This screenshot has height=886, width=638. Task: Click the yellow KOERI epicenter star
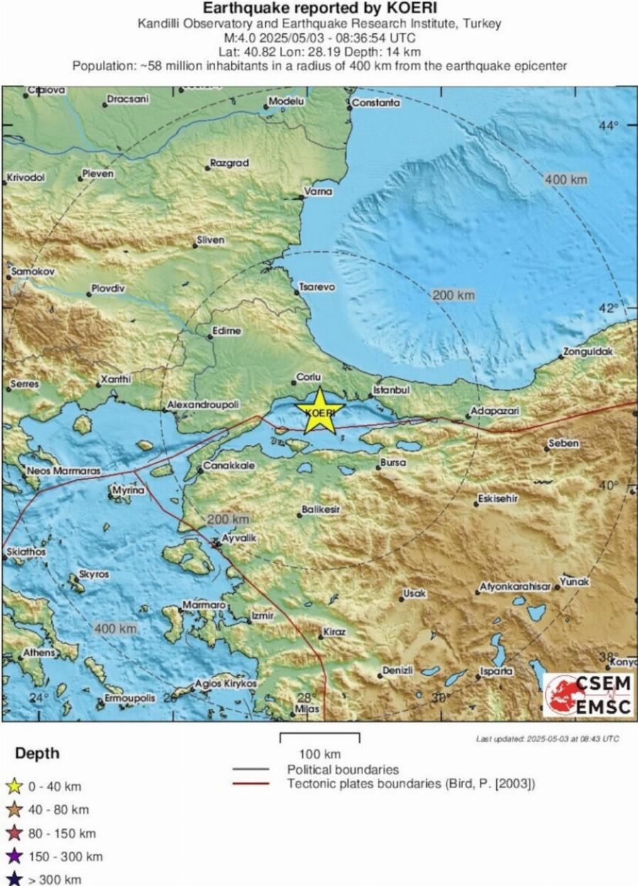click(x=319, y=412)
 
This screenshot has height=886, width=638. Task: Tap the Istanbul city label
click(x=392, y=391)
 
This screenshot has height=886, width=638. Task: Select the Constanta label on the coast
click(x=376, y=103)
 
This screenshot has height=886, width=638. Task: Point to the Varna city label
click(x=318, y=191)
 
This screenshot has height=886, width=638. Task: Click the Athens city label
click(x=39, y=652)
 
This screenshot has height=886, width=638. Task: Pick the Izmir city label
click(x=262, y=616)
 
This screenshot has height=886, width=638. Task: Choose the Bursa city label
click(x=393, y=462)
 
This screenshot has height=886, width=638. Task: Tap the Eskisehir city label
click(x=498, y=499)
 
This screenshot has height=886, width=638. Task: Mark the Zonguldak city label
click(x=588, y=352)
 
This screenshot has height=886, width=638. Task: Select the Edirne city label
click(x=227, y=330)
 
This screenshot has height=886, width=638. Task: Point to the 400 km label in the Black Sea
click(x=566, y=180)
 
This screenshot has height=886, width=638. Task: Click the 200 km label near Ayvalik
click(x=228, y=520)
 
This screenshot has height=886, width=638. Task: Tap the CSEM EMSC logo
click(x=588, y=695)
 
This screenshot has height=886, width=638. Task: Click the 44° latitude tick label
click(x=609, y=125)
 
